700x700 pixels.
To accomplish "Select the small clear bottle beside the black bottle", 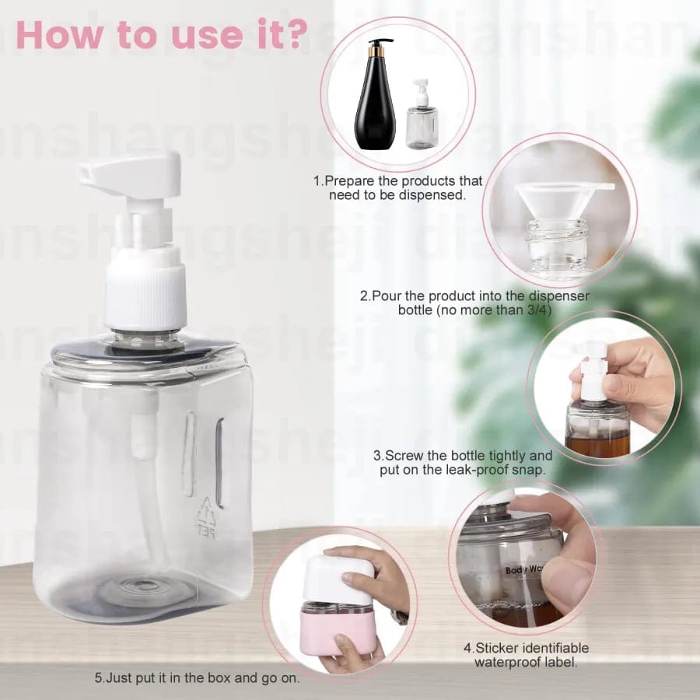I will coord(421,124).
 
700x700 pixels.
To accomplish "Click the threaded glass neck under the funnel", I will coord(558,237).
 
